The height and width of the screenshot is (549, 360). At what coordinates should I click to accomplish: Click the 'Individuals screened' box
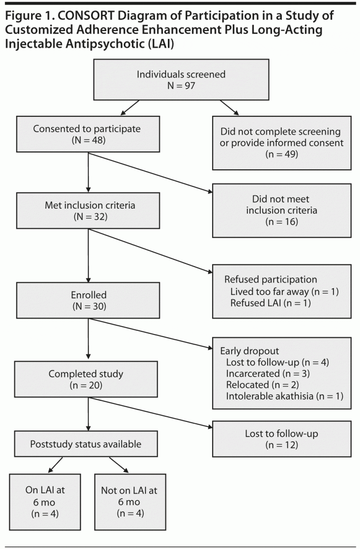point(181,80)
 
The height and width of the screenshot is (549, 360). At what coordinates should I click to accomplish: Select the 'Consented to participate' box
point(88,134)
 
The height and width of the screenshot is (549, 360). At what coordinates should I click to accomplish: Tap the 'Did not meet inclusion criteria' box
point(282,210)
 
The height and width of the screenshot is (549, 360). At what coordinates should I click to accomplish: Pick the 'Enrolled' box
point(88,300)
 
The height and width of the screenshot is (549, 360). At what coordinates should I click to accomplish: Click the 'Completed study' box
point(86,379)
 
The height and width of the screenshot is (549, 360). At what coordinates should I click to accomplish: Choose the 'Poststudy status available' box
point(86,444)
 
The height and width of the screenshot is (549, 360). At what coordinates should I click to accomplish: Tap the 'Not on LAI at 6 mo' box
point(130,502)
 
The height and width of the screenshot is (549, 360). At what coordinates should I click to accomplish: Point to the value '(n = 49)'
point(282,154)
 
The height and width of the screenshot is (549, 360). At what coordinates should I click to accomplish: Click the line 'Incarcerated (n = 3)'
point(268,373)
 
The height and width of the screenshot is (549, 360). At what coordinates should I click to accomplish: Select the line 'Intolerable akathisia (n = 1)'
point(285,396)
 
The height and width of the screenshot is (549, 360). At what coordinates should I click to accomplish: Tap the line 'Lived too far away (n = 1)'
point(284,292)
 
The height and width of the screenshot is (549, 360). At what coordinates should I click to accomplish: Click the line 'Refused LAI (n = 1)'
point(270,303)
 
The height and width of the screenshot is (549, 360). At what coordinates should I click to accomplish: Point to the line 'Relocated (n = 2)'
point(263,385)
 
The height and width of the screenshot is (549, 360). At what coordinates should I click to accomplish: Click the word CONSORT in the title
point(86,16)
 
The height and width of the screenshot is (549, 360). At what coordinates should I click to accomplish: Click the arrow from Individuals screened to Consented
point(130,108)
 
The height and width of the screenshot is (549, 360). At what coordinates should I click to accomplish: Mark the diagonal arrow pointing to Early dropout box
point(150,334)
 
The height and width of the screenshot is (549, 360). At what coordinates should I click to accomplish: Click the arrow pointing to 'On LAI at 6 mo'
point(55,465)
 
